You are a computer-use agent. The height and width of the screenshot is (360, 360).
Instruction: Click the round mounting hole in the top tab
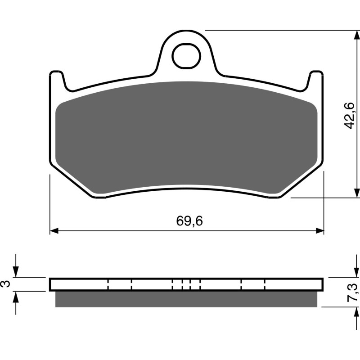tap(186, 56)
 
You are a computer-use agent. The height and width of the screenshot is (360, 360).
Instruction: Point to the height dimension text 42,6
tap(350, 116)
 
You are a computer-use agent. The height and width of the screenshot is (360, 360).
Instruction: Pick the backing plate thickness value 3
tap(5, 284)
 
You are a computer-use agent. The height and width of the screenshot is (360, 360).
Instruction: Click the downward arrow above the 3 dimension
tap(16, 272)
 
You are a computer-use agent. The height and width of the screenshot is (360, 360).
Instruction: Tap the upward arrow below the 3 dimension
tap(16, 296)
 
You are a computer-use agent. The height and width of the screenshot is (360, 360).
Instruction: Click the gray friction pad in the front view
tap(186, 135)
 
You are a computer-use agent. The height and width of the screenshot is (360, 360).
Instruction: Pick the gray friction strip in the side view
tap(186, 299)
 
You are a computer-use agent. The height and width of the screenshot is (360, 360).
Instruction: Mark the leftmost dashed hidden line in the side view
tap(109, 284)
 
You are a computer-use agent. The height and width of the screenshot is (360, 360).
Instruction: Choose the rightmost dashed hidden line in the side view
tap(265, 284)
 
